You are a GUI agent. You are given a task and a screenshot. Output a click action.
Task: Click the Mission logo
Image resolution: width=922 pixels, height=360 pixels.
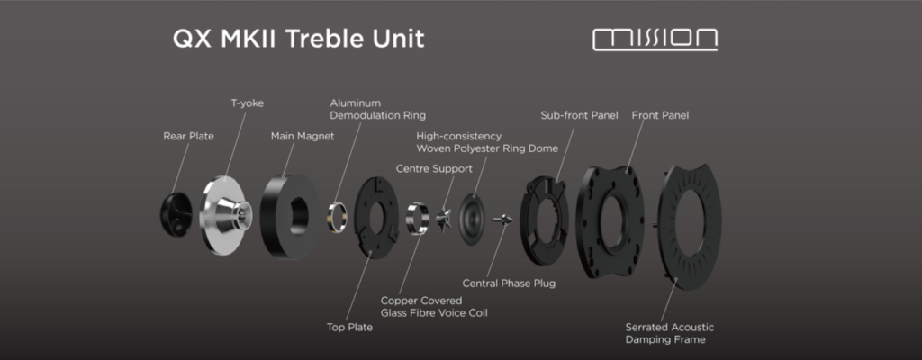pyautogui.click(x=655, y=40)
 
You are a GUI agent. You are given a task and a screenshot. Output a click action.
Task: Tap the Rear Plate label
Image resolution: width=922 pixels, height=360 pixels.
pyautogui.click(x=189, y=137)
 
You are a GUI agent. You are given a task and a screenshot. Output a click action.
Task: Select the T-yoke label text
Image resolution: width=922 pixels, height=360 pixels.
pyautogui.click(x=247, y=103)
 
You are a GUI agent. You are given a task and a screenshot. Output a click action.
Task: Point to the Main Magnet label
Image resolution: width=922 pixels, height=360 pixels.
pyautogui.click(x=303, y=137)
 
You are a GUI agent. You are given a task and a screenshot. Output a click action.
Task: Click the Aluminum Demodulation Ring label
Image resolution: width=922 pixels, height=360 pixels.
pyautogui.click(x=377, y=110)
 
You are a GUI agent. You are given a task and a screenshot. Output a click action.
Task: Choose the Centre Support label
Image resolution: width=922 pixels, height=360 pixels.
pyautogui.click(x=434, y=169)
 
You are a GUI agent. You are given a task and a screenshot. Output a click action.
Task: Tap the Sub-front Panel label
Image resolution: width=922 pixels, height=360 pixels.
pyautogui.click(x=579, y=116)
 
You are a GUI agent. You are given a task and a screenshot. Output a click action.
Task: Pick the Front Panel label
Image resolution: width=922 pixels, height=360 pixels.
pyautogui.click(x=660, y=116)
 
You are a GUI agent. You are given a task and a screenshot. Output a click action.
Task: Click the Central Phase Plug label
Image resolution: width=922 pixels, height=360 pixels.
pyautogui.click(x=509, y=283)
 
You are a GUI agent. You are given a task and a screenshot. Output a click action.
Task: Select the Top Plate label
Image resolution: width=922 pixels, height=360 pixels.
pyautogui.click(x=350, y=328)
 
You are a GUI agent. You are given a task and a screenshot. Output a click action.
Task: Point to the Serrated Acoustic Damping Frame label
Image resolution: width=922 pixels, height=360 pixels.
pyautogui.click(x=670, y=334)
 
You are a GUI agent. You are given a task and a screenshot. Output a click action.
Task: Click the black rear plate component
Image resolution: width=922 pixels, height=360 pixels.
pyautogui.click(x=176, y=214)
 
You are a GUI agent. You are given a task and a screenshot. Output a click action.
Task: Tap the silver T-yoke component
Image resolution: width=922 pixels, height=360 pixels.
pyautogui.click(x=225, y=215)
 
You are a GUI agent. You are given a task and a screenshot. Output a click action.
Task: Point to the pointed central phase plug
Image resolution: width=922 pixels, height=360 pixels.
pyautogui.click(x=502, y=220)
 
